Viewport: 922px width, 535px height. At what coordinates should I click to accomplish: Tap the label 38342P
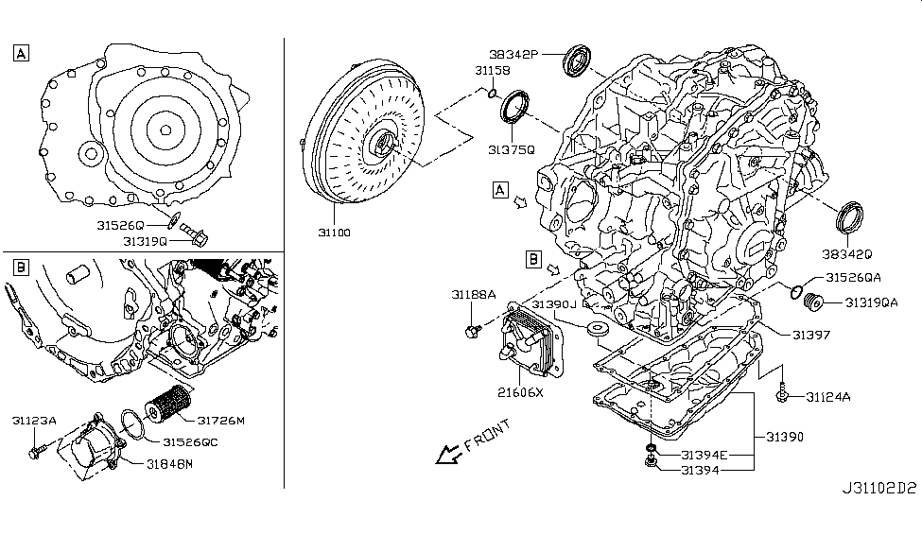(x=513, y=54)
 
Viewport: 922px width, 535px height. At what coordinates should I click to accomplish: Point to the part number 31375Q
(x=512, y=149)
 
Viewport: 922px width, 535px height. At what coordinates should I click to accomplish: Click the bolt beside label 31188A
(x=472, y=330)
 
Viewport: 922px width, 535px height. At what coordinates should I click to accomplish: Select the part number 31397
(x=812, y=335)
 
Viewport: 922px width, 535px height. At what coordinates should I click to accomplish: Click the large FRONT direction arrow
(x=444, y=457)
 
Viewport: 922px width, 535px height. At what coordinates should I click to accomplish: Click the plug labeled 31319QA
(x=811, y=302)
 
